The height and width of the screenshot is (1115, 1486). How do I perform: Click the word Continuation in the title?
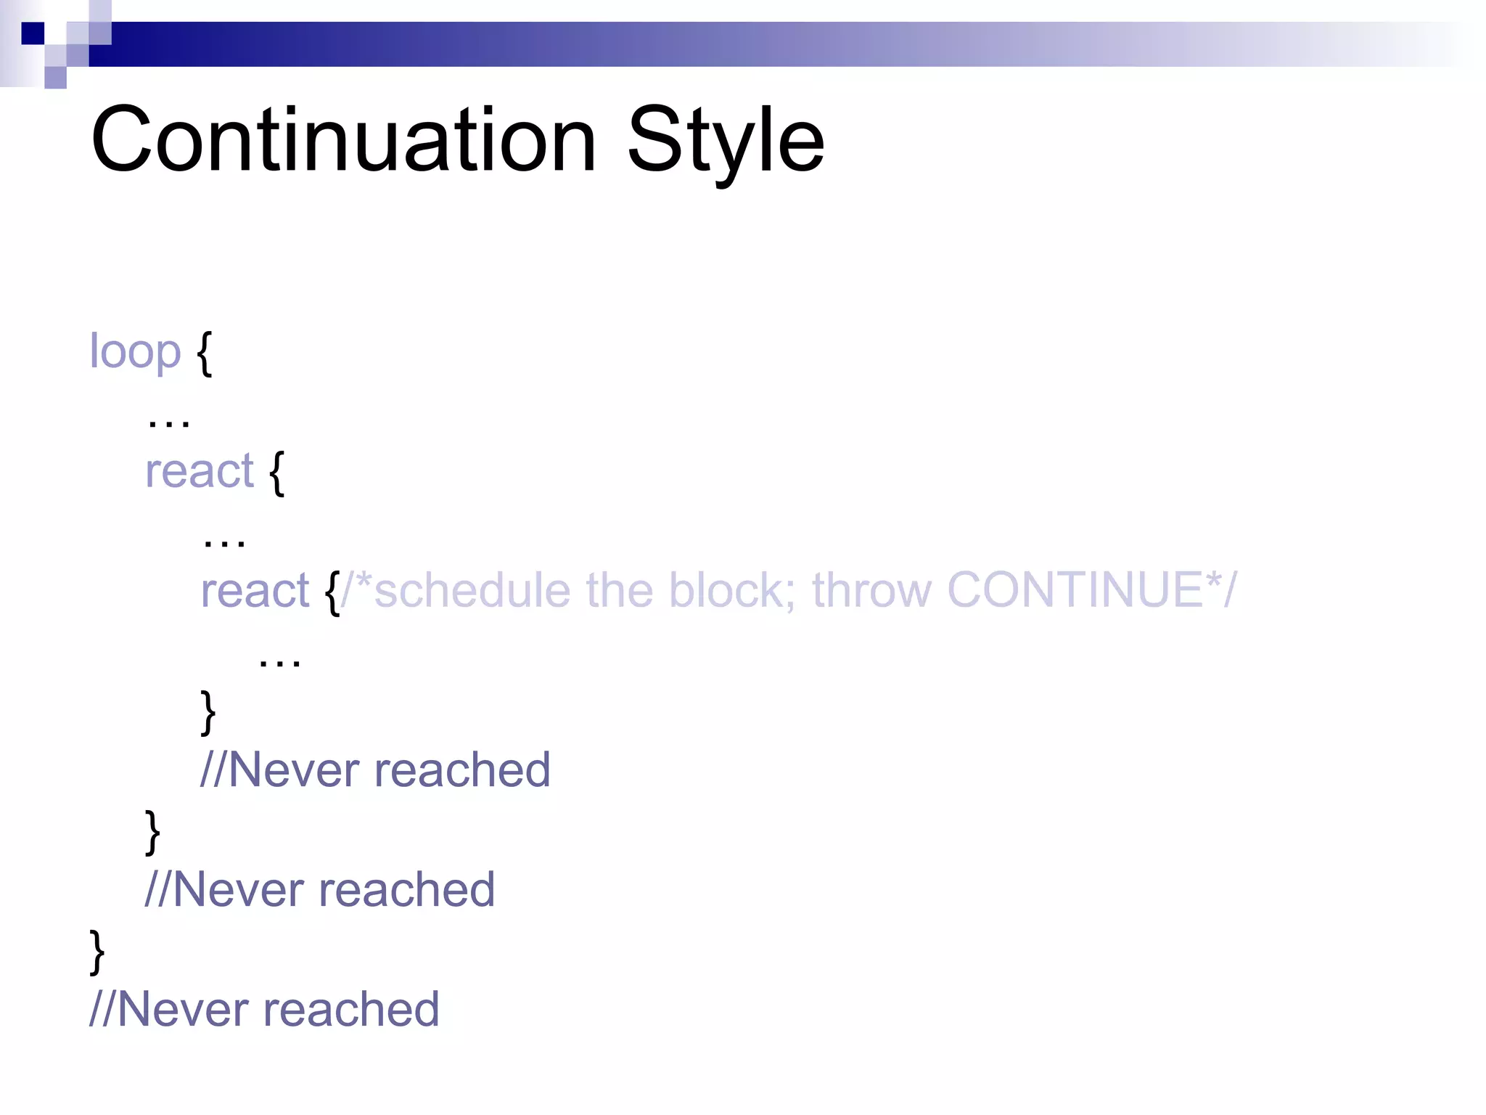tap(343, 139)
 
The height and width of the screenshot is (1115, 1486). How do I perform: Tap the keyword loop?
tap(134, 352)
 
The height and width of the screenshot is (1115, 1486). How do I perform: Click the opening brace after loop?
tap(205, 353)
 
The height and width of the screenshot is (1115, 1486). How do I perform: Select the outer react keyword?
tap(200, 471)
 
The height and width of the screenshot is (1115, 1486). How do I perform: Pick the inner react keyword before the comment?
tap(255, 590)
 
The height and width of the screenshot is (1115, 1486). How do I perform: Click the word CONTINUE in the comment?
tap(1075, 589)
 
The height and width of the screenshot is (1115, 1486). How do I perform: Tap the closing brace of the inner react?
tap(208, 712)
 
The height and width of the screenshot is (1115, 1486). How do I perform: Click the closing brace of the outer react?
tap(152, 832)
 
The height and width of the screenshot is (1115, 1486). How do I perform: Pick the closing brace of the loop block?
tap(97, 951)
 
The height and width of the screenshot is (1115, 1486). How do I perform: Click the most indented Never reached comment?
tap(375, 769)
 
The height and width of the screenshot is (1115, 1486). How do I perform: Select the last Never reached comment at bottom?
tap(264, 1009)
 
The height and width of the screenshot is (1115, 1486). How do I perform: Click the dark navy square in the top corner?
tap(33, 33)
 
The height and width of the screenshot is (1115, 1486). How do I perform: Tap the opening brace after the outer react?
tap(276, 473)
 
